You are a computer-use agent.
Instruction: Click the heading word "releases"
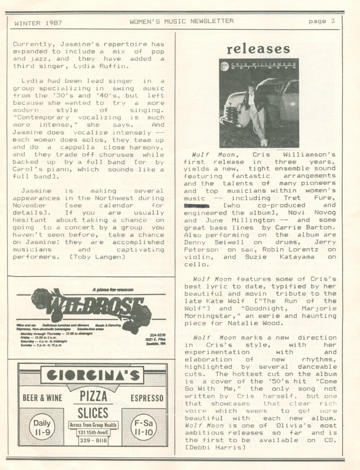coord(258,49)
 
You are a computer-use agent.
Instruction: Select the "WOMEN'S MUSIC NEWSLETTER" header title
coord(181,21)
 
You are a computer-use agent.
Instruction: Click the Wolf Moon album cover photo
coord(259,103)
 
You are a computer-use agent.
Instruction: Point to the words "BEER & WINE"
coord(42,398)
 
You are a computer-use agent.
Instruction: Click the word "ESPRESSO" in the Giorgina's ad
coord(147,398)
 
